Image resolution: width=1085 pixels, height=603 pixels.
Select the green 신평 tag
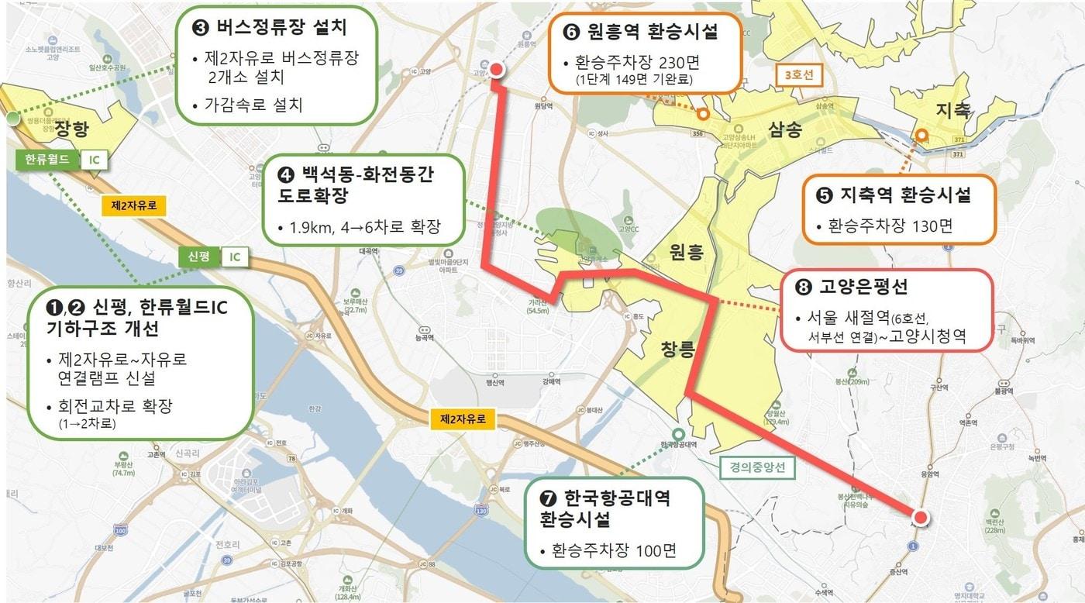click(x=198, y=257)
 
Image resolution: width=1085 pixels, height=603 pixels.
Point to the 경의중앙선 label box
click(x=756, y=467)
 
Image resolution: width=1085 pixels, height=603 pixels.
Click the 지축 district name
click(x=952, y=110)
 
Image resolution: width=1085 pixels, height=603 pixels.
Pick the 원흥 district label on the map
click(x=686, y=252)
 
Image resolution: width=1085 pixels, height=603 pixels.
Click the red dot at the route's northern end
click(x=498, y=70)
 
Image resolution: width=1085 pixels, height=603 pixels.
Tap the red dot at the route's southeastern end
click(x=921, y=518)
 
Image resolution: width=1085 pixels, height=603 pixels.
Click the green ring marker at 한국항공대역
click(x=679, y=435)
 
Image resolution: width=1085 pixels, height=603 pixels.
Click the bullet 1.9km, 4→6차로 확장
click(x=359, y=228)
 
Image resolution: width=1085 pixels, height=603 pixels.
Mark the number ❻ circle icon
click(x=570, y=33)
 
